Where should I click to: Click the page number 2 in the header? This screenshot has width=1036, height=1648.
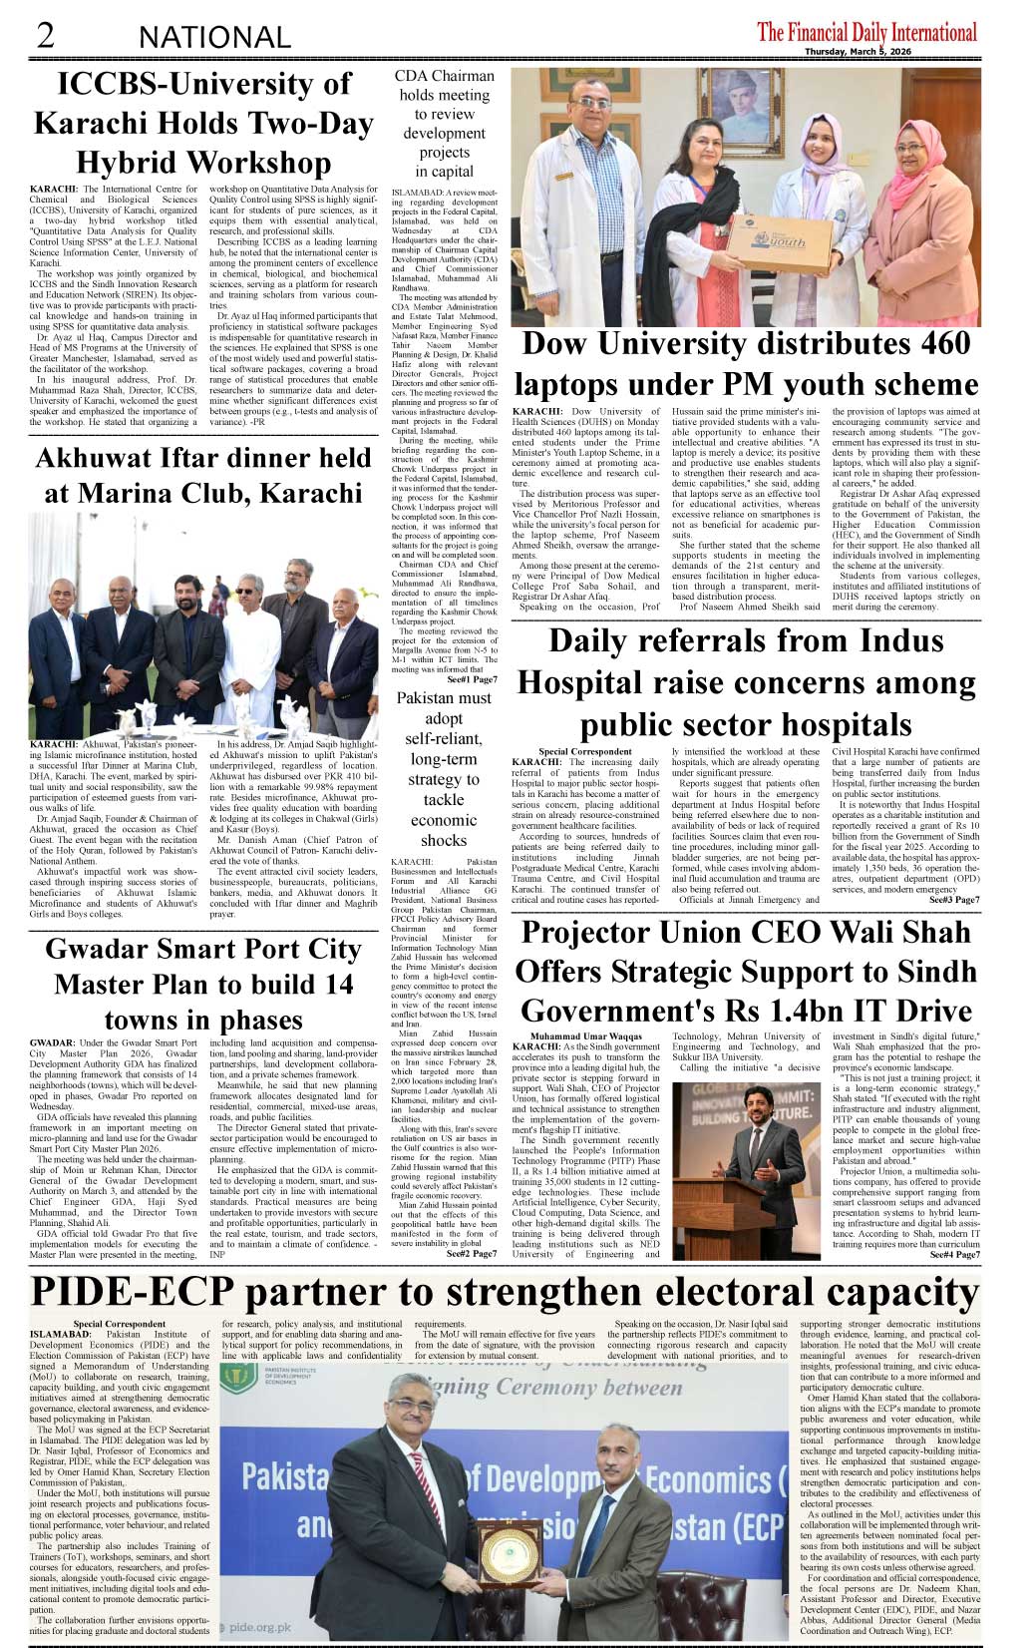coord(46,35)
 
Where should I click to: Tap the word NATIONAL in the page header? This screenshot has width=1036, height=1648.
coord(214,38)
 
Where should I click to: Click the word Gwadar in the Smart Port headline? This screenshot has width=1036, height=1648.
coord(95,949)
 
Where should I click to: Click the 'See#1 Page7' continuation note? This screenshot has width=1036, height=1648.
coord(472,679)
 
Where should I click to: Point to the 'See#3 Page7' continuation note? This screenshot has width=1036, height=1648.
coord(954,900)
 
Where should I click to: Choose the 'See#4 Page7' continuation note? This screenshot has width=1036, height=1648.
coord(954,1255)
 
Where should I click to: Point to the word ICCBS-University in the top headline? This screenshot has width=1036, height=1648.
coord(204,84)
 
